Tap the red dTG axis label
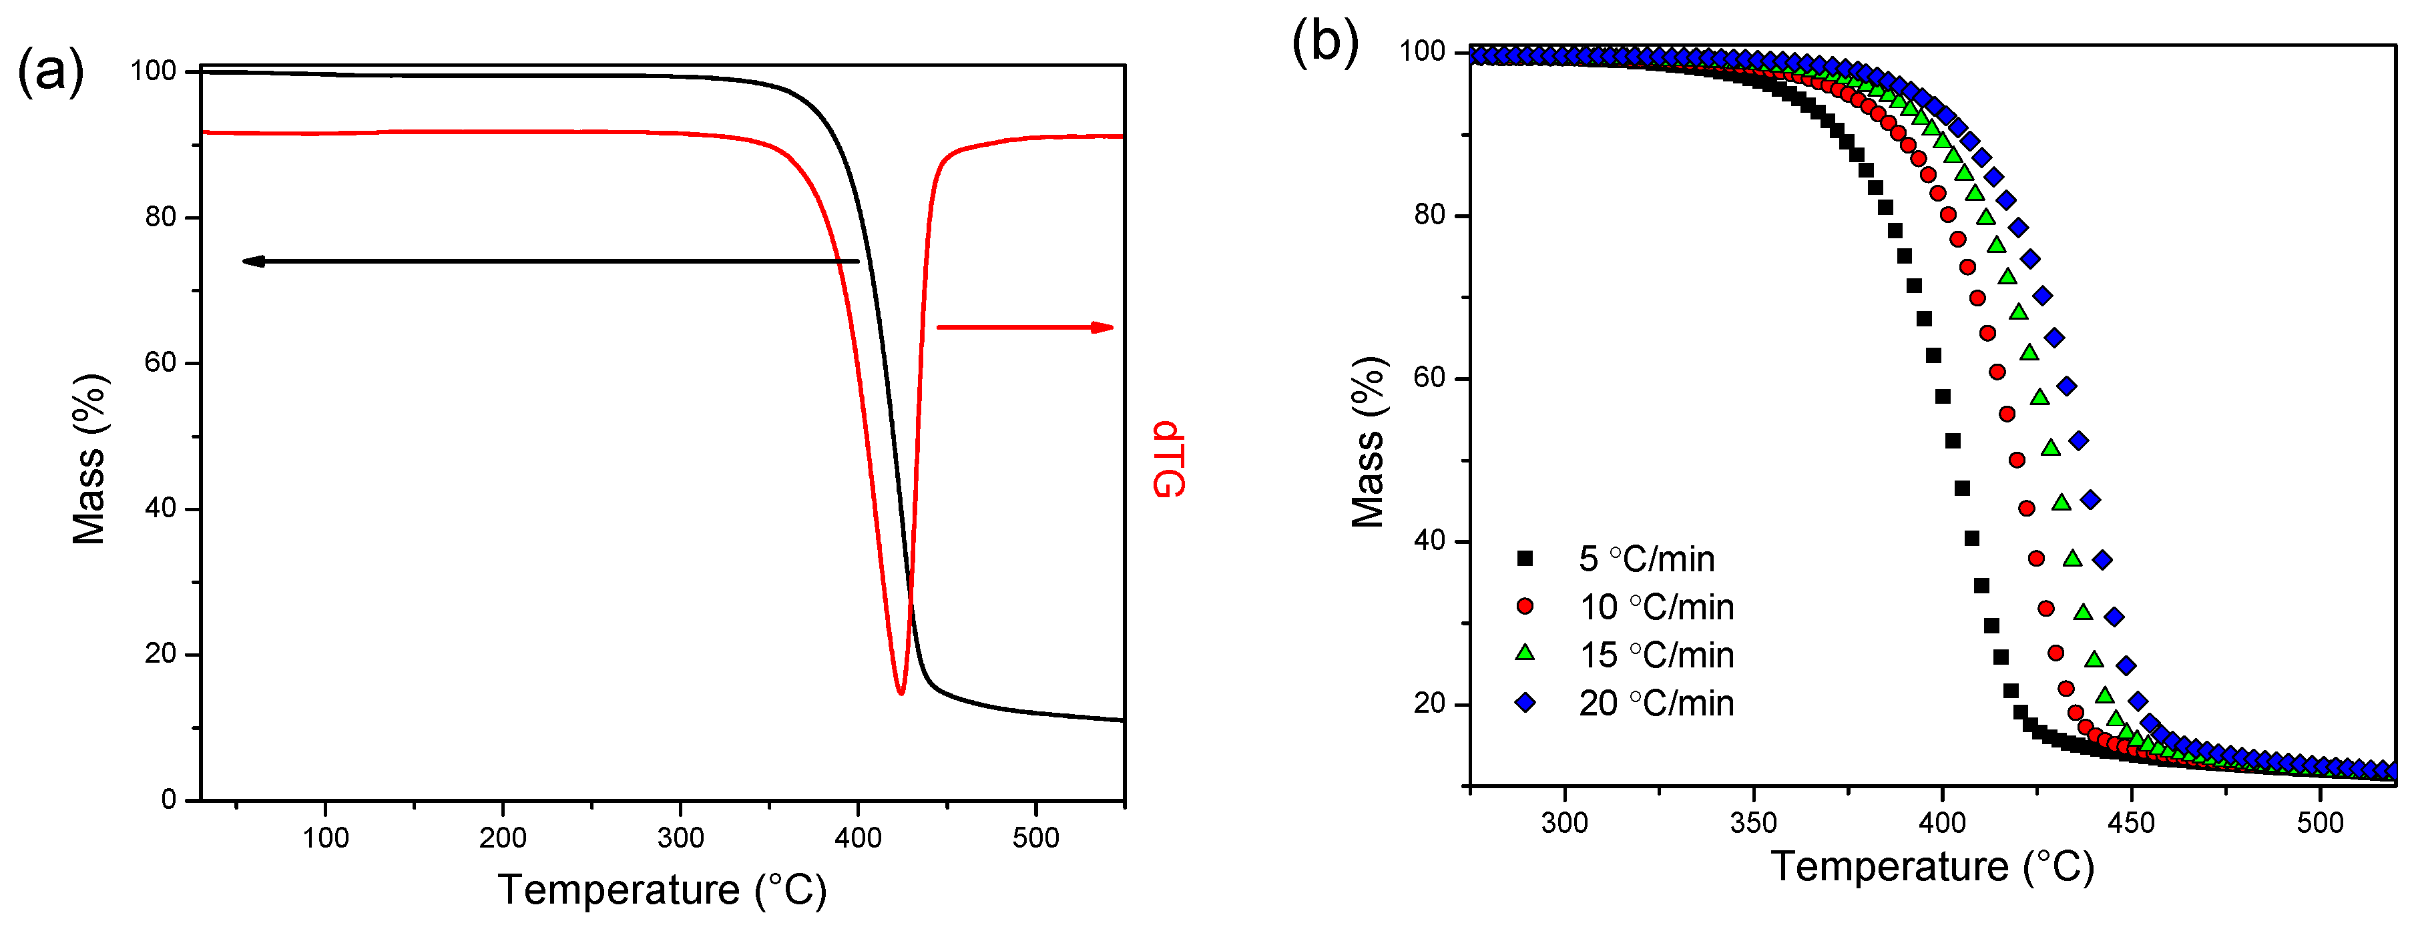(x=1167, y=458)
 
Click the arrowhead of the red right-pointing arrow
(x=1103, y=328)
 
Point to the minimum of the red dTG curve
(x=901, y=693)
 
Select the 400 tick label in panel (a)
(x=857, y=837)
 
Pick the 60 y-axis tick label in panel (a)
(x=160, y=362)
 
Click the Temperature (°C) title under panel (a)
(x=662, y=890)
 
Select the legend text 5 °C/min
(x=1647, y=559)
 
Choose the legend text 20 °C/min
(x=1656, y=703)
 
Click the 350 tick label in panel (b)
(x=1753, y=822)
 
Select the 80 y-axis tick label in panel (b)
(x=1429, y=215)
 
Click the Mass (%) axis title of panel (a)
(x=89, y=458)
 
